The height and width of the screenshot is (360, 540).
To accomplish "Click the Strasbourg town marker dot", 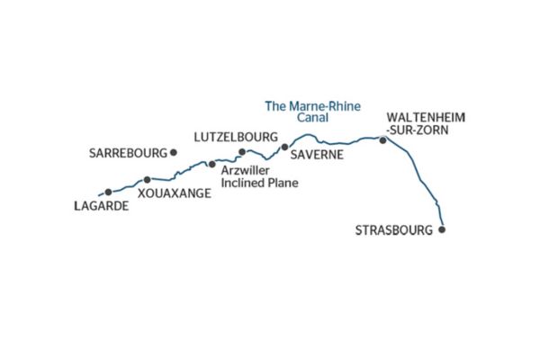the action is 441,229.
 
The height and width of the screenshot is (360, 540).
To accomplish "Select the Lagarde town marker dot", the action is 108,192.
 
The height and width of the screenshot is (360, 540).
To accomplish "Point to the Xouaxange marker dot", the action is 148,180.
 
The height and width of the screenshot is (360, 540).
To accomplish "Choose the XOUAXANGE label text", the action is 175,193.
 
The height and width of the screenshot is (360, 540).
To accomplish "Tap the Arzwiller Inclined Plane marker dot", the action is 211,164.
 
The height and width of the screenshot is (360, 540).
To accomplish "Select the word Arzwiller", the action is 244,171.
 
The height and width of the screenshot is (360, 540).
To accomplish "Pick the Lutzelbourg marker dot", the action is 242,151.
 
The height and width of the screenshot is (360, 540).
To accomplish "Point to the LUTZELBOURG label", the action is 231,138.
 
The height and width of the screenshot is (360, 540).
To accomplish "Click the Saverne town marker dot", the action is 284,146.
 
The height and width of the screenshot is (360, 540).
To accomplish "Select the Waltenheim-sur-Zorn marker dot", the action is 383,139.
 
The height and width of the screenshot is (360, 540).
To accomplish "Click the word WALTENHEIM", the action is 425,117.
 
